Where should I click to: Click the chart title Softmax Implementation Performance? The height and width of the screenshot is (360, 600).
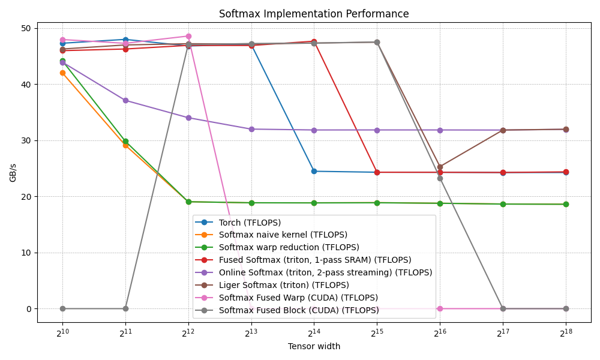314,14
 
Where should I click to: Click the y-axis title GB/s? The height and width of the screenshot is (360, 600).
13,172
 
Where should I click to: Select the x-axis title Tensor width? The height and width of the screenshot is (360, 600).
314,346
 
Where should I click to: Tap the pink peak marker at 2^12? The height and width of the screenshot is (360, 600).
188,36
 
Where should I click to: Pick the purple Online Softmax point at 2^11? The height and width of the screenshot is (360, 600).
125,100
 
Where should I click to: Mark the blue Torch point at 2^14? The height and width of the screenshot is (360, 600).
314,171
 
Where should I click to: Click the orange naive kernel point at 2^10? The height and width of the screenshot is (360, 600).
62,73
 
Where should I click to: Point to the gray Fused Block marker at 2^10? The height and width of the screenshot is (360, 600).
62,308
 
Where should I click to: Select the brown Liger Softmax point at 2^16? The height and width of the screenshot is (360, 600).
440,167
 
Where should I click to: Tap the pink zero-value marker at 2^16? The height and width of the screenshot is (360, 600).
440,308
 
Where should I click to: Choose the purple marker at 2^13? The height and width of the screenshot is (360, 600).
251,129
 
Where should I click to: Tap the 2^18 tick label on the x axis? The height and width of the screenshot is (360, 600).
565,333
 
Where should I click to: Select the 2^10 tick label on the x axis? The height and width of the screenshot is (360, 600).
62,333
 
